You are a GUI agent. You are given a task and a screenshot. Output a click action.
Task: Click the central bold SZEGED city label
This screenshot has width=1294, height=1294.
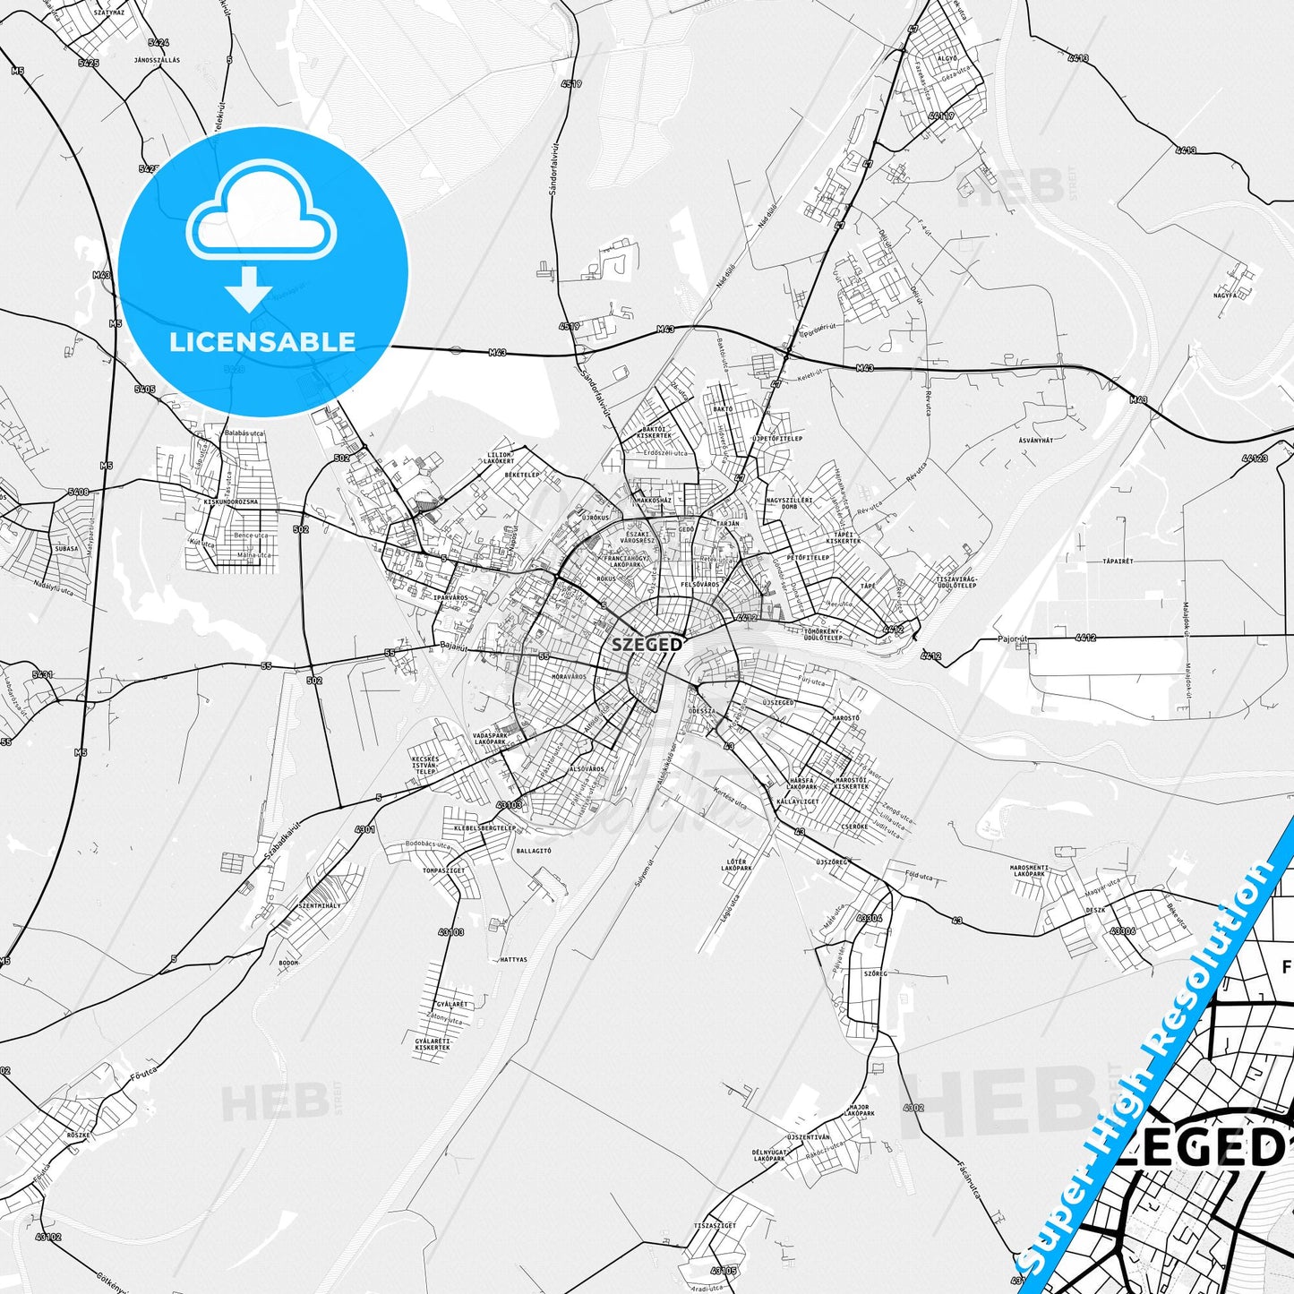(647, 644)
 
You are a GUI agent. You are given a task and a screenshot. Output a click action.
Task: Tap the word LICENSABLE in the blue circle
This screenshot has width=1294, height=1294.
(262, 341)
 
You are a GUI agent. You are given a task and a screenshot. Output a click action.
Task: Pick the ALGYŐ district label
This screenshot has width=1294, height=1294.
(947, 58)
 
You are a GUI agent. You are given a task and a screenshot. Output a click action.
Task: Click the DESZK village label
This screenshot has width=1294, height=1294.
(1095, 910)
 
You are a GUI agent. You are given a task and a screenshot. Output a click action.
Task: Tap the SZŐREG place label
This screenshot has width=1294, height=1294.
(875, 973)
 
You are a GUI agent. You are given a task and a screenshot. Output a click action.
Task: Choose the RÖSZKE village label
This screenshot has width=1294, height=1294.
(79, 1135)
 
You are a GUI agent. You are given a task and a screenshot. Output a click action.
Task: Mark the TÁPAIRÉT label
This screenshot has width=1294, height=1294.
(1118, 561)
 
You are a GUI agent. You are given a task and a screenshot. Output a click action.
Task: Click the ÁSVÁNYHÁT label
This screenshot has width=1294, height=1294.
(1036, 441)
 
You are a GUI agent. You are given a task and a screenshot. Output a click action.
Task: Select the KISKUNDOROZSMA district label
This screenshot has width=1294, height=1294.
(231, 502)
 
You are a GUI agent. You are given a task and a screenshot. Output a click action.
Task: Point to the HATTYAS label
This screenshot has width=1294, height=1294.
(514, 959)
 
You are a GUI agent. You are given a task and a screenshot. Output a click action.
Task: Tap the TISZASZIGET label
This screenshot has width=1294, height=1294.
(715, 1225)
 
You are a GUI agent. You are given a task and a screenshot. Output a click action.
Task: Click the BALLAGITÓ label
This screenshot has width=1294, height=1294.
(534, 851)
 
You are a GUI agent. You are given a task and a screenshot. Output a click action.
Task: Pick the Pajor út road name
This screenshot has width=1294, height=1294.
(1014, 639)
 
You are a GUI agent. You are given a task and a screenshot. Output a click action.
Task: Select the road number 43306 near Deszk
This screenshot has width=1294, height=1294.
(1122, 931)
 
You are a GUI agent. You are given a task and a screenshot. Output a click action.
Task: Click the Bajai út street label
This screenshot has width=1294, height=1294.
(455, 646)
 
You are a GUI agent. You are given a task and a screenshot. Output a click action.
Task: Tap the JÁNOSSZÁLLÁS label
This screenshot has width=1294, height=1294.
(157, 60)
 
